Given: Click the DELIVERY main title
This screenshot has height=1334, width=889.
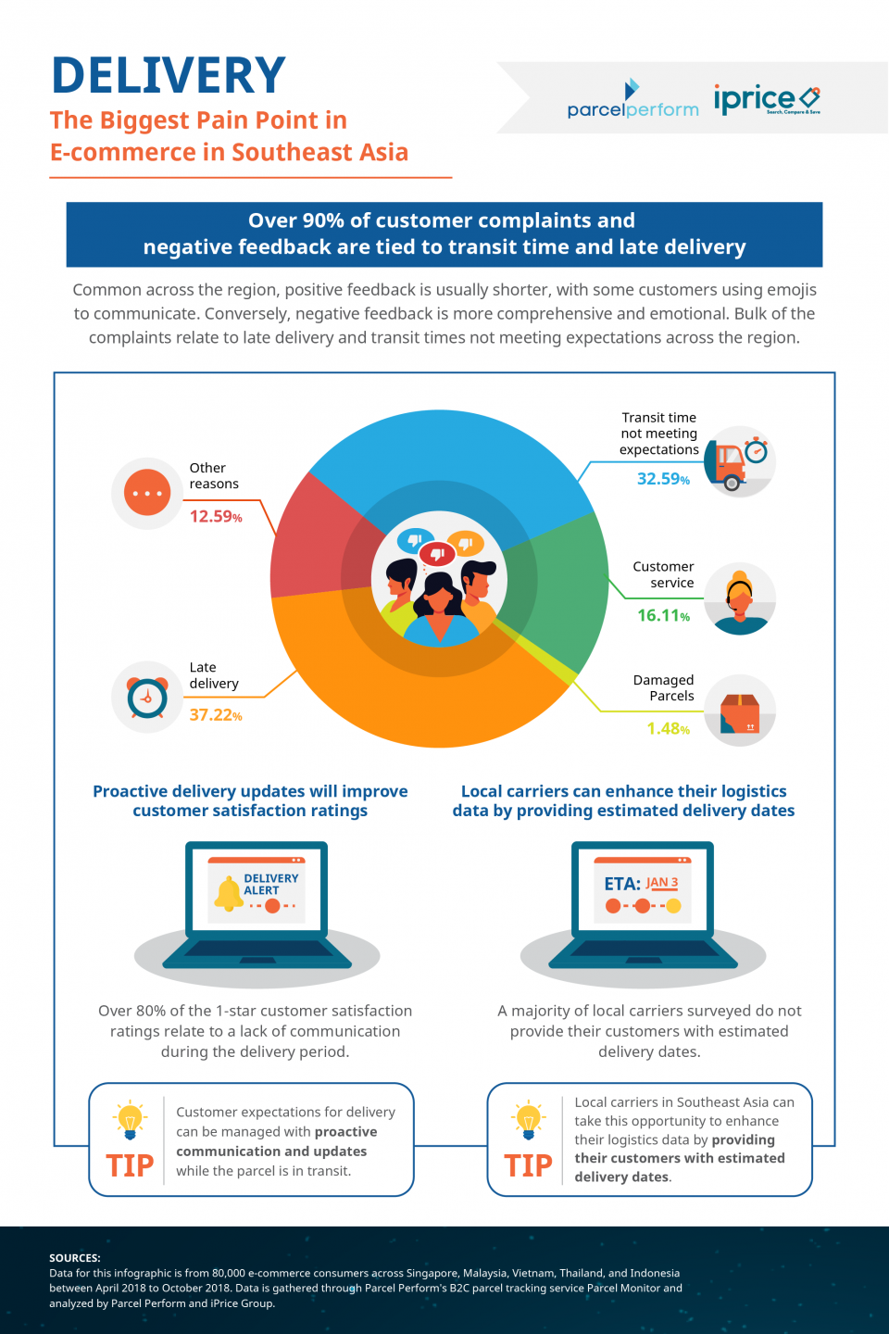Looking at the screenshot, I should (x=168, y=76).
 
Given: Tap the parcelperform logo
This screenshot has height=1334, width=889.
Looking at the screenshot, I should (x=632, y=102).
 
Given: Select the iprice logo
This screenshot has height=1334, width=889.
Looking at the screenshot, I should (x=766, y=98).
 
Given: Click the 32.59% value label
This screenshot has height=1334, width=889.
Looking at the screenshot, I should (x=663, y=479).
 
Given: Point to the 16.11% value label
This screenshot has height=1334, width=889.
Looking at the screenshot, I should (x=663, y=615).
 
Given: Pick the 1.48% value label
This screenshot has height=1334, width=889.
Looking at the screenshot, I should (x=668, y=729).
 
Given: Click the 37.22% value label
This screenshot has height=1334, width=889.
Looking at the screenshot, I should (x=216, y=715).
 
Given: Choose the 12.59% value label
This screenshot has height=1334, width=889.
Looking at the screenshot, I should (x=216, y=517).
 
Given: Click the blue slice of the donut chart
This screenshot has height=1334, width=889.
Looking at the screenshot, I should (x=444, y=454).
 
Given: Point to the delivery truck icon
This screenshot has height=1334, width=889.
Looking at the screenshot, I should (x=732, y=461).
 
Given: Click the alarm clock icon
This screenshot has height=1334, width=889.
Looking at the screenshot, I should (x=147, y=697).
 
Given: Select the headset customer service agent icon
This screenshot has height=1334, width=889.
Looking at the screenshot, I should (x=740, y=598).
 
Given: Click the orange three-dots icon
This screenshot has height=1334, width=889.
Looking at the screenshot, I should (x=147, y=493).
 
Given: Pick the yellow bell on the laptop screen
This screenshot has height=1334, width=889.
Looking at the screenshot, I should (x=228, y=893).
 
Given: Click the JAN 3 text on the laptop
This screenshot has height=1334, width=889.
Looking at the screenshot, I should (x=662, y=883).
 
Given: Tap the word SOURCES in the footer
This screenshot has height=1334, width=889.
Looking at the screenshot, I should (x=75, y=1258).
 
